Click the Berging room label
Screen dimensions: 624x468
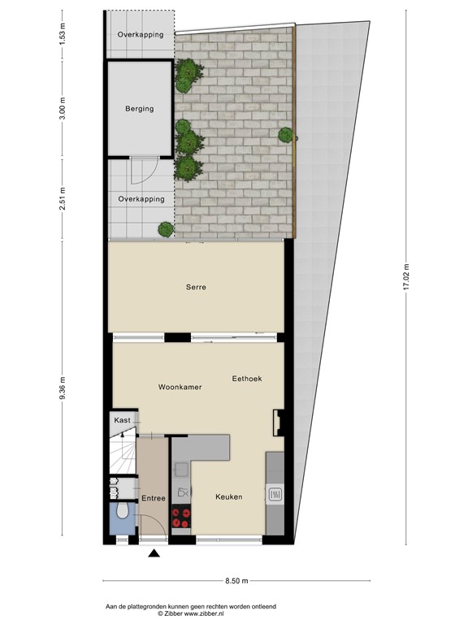click(x=139, y=109)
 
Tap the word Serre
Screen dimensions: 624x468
click(x=195, y=287)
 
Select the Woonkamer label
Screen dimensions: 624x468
click(x=180, y=388)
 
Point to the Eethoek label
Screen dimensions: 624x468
click(x=247, y=379)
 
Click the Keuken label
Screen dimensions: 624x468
click(x=228, y=496)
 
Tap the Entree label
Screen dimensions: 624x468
click(x=154, y=498)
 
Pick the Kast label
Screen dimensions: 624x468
click(x=123, y=420)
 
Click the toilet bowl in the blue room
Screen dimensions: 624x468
click(x=120, y=513)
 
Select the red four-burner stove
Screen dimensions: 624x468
click(x=181, y=518)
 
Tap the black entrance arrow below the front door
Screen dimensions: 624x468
click(x=154, y=554)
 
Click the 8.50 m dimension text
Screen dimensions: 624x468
click(x=236, y=580)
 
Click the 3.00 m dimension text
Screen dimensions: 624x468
click(x=62, y=109)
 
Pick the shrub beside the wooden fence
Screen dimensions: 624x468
click(x=286, y=135)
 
